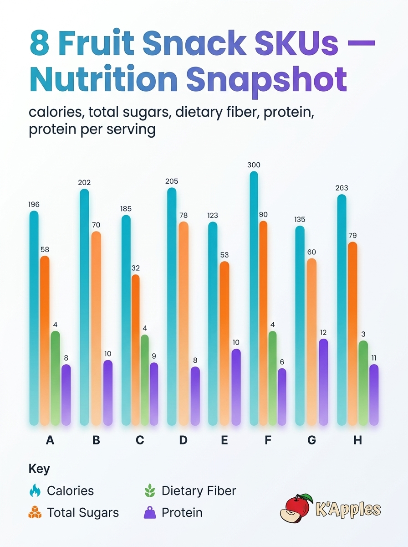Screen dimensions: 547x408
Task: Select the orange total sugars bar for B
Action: [x=96, y=328]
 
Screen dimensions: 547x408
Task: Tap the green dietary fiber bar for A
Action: [x=55, y=378]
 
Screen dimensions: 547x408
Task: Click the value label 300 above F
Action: [x=254, y=165]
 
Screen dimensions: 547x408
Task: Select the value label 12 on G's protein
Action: [x=323, y=332]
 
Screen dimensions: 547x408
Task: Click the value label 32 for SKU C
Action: [x=136, y=268]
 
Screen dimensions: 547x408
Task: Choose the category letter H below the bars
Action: [x=357, y=440]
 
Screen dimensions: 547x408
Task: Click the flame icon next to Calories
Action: [x=35, y=490]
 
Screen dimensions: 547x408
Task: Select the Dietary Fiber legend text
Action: [x=199, y=490]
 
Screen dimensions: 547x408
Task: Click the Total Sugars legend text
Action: [x=83, y=512]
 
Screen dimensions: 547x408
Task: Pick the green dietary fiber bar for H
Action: [x=363, y=383]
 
